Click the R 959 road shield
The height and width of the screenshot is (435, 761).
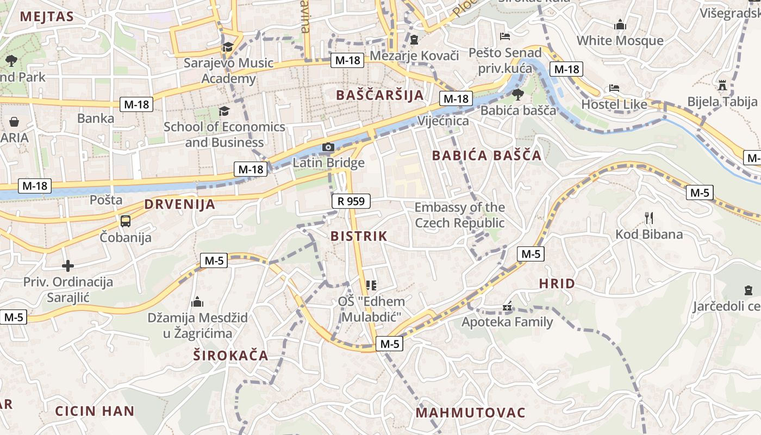coord(351,201)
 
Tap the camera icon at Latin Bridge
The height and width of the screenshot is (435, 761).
coord(328,147)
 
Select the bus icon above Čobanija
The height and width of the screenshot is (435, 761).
coord(126,221)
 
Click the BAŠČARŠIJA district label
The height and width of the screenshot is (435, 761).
coord(379,95)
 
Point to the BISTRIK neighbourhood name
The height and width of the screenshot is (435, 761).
coord(359,236)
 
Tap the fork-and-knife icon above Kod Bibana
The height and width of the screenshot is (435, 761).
coord(648,218)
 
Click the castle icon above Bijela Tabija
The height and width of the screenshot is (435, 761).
coord(722,85)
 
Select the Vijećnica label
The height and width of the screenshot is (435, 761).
coord(443,121)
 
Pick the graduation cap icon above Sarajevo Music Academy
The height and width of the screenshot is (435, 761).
coord(228,47)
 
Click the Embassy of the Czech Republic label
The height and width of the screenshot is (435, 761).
coord(459,215)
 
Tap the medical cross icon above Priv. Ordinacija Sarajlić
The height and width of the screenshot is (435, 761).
coord(68,266)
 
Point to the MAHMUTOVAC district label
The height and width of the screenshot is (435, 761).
coord(470,413)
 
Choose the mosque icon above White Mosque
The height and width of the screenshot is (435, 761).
coord(620,24)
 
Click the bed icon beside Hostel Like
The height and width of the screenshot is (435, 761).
coord(614,88)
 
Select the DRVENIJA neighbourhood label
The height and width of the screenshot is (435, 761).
coord(179,205)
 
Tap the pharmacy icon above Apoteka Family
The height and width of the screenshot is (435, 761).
coord(507,307)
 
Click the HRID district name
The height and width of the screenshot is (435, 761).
coord(557,283)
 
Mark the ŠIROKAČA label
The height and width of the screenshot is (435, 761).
coord(231,356)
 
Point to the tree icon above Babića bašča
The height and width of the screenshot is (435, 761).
coord(518,95)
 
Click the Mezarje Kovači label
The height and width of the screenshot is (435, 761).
coord(414,55)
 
